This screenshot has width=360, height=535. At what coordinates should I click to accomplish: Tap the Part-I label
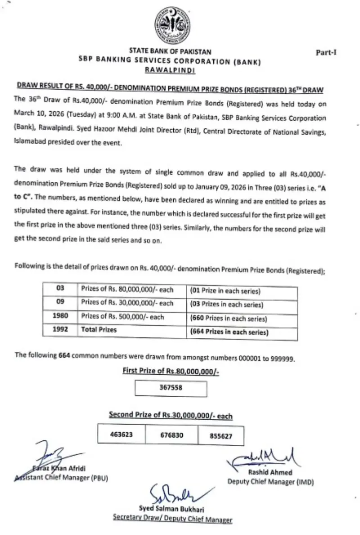click(326, 52)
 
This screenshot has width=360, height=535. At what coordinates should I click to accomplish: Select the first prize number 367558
click(171, 387)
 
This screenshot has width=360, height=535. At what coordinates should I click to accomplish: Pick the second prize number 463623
click(122, 435)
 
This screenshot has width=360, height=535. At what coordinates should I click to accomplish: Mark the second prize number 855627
click(220, 436)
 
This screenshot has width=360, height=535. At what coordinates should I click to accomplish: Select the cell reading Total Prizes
click(99, 330)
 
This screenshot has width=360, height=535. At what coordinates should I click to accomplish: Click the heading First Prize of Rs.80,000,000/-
click(171, 371)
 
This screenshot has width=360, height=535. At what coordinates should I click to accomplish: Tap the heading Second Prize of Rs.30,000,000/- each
click(171, 415)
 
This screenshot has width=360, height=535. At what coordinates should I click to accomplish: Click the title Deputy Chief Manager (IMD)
click(270, 482)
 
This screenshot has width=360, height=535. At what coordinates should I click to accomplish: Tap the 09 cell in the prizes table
click(60, 303)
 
